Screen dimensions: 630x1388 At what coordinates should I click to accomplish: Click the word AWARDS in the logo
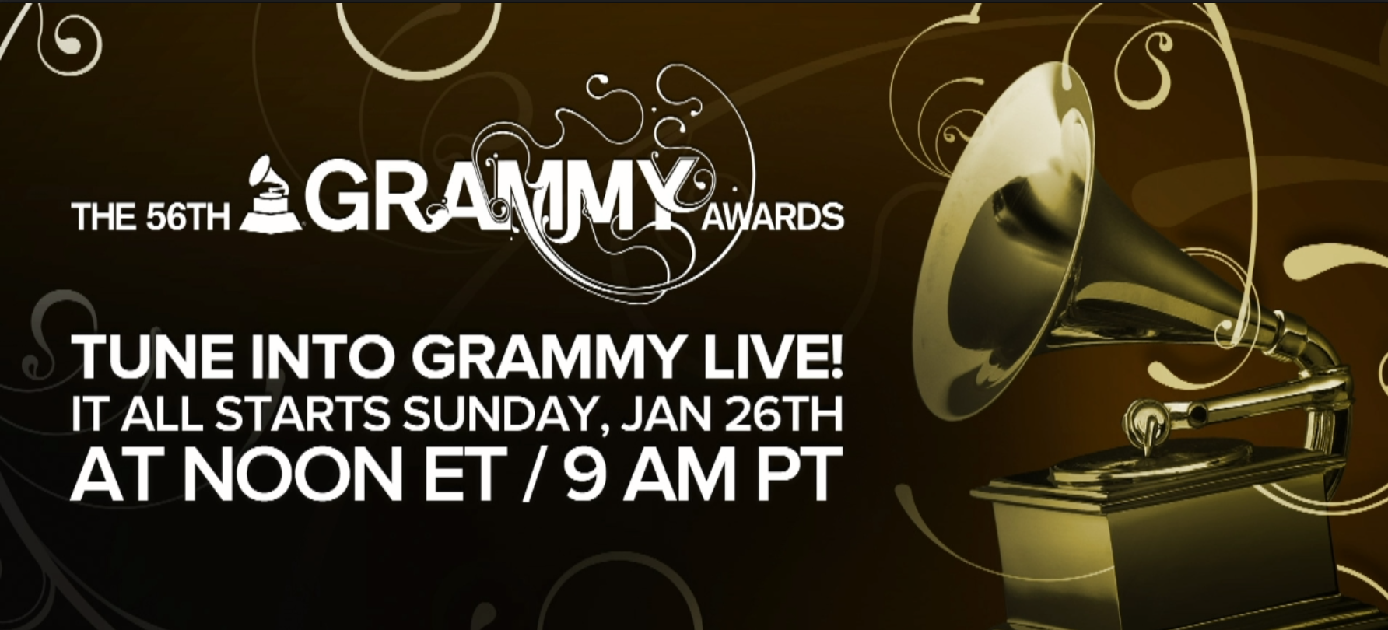[x=773, y=217]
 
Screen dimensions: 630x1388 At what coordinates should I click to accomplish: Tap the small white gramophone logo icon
[x=271, y=196]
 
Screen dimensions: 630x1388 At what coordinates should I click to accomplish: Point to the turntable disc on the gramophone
[x=1151, y=459]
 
